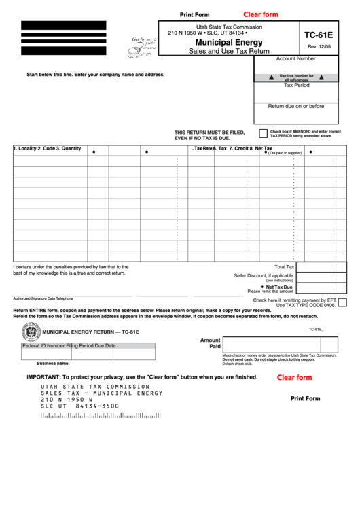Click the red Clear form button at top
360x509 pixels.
(x=261, y=14)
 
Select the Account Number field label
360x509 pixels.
(x=296, y=59)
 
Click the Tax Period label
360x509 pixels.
(x=296, y=85)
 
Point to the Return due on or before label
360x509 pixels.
(x=296, y=106)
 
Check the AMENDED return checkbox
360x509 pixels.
(x=263, y=134)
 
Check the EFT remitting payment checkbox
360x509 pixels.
(x=342, y=302)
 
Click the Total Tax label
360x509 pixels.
(x=284, y=267)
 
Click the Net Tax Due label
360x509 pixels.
(x=279, y=287)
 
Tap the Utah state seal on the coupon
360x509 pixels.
(x=31, y=332)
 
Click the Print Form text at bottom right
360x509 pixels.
(x=305, y=398)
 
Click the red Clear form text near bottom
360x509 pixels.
(x=294, y=377)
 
